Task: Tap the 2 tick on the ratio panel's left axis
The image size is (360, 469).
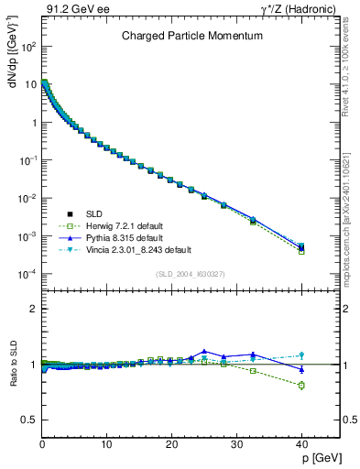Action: pos(33,309)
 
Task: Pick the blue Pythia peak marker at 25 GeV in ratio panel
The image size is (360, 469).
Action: pos(204,351)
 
